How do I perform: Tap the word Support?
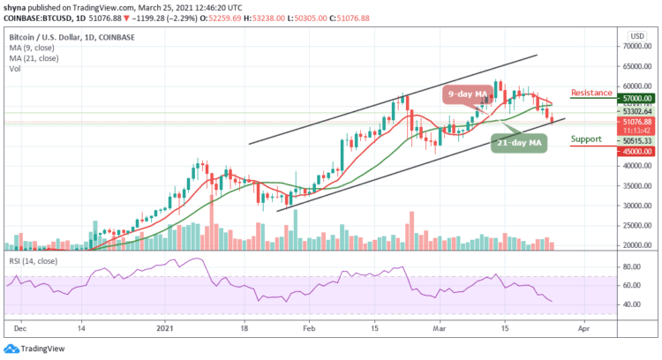586,139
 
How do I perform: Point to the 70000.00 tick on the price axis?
633,46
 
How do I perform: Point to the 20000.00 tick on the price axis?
633,245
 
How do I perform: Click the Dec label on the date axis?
19,326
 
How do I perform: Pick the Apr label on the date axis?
582,326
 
